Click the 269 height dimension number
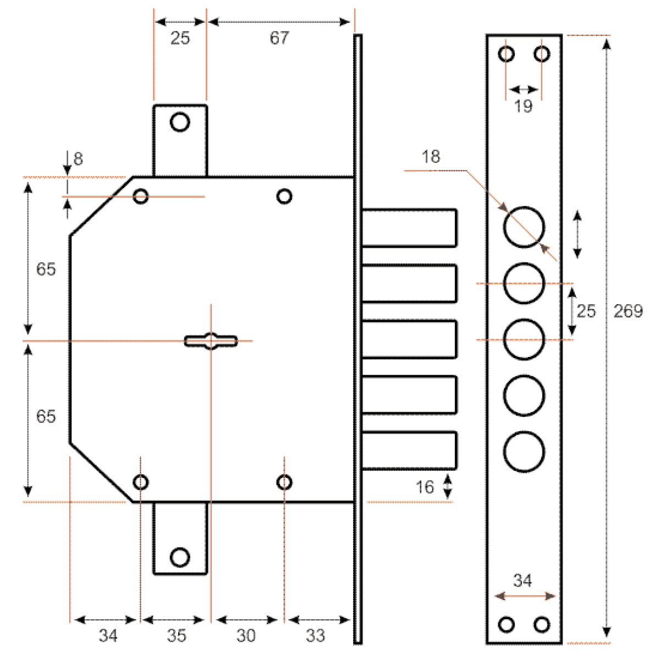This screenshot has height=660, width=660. tap(628, 311)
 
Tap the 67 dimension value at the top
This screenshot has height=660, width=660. tap(279, 38)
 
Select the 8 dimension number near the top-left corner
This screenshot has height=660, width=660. tap(78, 158)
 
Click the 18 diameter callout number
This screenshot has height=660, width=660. tap(431, 157)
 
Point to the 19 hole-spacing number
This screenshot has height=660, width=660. tap(524, 106)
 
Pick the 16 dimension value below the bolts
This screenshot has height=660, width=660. tap(425, 487)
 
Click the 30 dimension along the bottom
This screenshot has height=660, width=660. tap(246, 635)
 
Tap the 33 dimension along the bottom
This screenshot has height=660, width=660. tap(315, 635)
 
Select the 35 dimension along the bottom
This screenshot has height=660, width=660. tap(177, 635)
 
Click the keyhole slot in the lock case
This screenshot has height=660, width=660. tap(211, 341)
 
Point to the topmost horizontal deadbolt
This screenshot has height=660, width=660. tap(409, 228)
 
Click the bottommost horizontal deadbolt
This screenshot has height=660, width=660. tap(409, 450)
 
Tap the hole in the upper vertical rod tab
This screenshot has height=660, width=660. tap(180, 122)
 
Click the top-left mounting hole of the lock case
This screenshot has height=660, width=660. tap(140, 196)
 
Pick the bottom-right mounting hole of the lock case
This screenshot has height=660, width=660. tap(284, 482)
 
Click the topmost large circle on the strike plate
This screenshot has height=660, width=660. tap(524, 227)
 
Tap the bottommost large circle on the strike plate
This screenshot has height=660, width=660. tap(524, 452)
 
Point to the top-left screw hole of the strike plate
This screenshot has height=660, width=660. tap(506, 54)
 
